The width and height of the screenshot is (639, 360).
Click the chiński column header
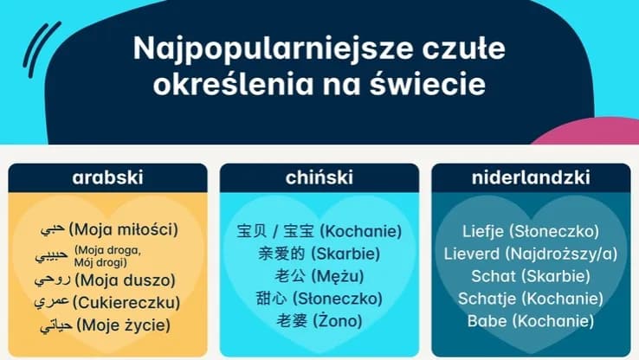tap(319, 178)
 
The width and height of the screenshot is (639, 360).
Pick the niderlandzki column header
tap(531, 178)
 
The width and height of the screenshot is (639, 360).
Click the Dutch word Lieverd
tap(470, 254)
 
